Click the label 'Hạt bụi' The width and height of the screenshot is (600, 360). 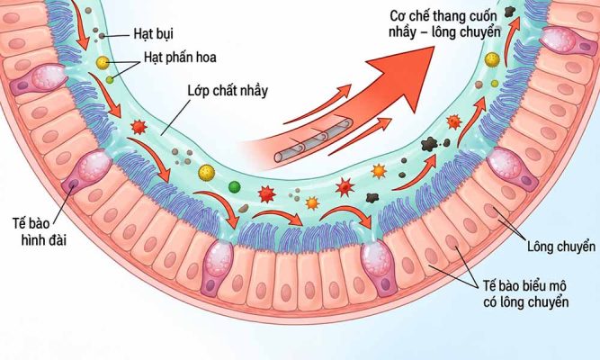[154, 33]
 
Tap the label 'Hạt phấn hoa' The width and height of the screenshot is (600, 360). [180, 58]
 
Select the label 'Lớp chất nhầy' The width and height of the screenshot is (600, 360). [228, 91]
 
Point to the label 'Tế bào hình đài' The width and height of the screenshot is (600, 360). [40, 231]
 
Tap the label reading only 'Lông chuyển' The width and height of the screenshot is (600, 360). [561, 247]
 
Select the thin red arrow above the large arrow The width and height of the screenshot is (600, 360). [318, 104]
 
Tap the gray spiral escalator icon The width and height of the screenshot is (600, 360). [313, 139]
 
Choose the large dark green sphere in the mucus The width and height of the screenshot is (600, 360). [234, 187]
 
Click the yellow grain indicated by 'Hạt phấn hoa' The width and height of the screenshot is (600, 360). [103, 62]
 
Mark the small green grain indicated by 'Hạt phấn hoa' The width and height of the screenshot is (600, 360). [110, 80]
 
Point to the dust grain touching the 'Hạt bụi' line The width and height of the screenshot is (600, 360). [102, 36]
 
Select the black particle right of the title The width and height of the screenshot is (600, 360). [510, 12]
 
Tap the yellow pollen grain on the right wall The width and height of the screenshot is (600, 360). [492, 59]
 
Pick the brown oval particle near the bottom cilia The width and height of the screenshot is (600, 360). [244, 208]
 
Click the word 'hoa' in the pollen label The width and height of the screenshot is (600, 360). [207, 58]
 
